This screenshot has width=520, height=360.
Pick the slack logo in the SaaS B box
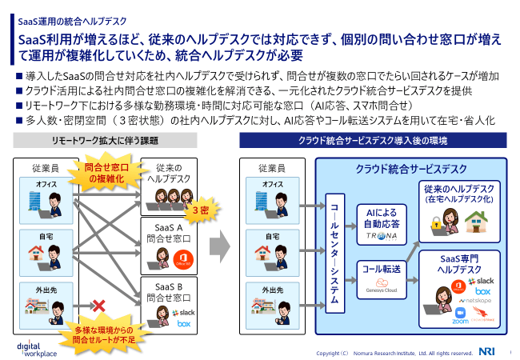click(186, 312)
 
